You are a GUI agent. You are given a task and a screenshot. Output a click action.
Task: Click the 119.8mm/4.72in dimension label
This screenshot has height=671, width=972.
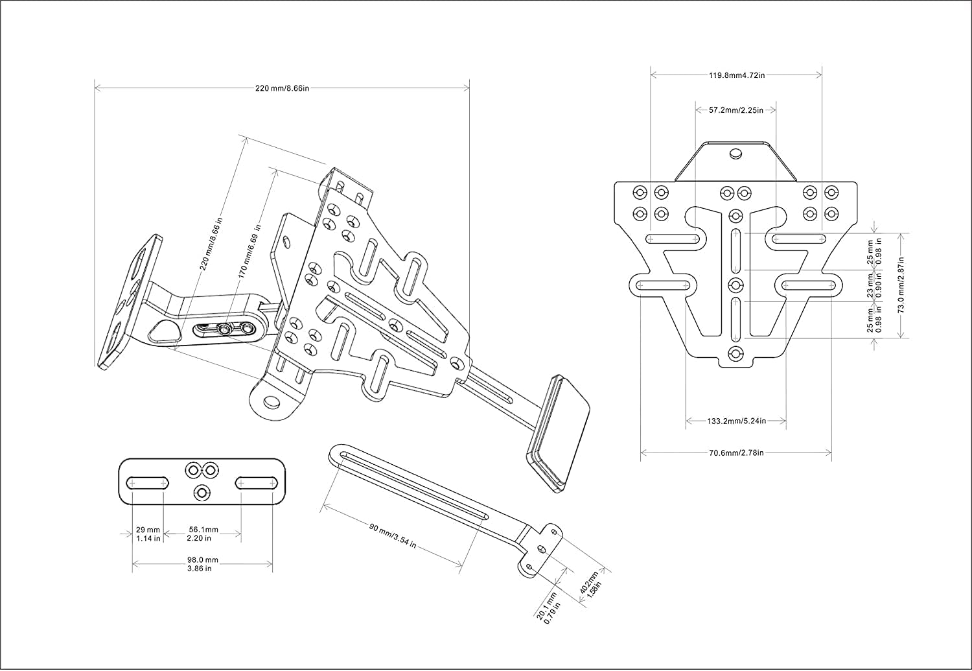click(736, 75)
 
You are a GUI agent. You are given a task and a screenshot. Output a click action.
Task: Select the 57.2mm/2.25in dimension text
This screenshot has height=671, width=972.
click(735, 110)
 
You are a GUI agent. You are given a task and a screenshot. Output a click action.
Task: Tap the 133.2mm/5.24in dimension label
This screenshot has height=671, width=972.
click(736, 421)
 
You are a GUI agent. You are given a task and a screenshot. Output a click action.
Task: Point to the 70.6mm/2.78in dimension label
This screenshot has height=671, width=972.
click(736, 452)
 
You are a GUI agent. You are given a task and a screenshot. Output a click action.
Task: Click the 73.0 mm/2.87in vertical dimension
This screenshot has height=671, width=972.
click(901, 285)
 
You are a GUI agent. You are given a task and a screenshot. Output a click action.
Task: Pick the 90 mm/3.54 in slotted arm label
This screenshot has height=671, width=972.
click(393, 536)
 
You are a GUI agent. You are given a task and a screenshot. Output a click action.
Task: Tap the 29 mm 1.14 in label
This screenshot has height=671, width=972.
click(148, 534)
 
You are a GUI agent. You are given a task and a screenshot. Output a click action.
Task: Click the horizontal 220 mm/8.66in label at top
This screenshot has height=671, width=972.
click(282, 88)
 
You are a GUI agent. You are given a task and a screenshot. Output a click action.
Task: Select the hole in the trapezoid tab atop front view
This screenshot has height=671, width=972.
click(735, 154)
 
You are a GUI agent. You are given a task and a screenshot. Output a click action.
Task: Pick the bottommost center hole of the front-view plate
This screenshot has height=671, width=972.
click(735, 353)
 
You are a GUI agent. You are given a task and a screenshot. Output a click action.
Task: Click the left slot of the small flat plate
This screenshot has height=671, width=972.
click(149, 482)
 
